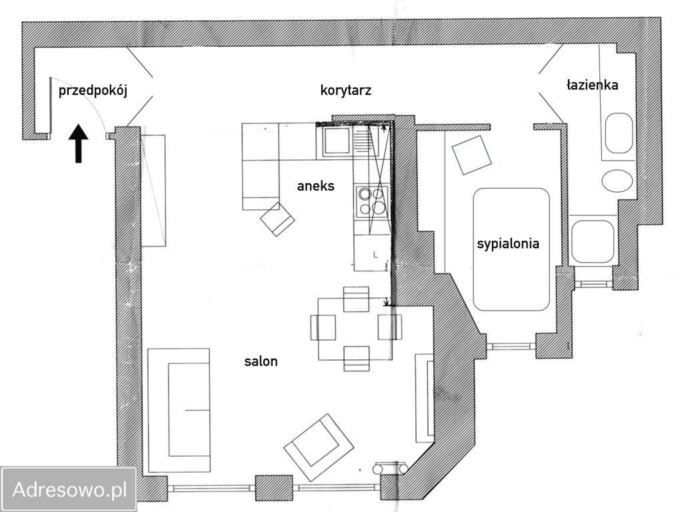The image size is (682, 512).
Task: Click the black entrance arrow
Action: pyautogui.click(x=78, y=143)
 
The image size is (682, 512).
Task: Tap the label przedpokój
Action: pyautogui.click(x=93, y=91)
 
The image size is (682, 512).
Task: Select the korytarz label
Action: pyautogui.click(x=346, y=91)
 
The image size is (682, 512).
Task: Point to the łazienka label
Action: pyautogui.click(x=593, y=85)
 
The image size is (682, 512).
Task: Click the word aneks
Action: pyautogui.click(x=316, y=186)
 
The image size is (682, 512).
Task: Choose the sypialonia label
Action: pyautogui.click(x=508, y=243)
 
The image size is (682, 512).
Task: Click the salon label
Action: pyautogui.click(x=261, y=361)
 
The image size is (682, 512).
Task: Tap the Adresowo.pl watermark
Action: pyautogui.click(x=69, y=489)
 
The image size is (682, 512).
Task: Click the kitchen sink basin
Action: pyautogui.click(x=337, y=141)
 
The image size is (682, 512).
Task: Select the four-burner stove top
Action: pyautogui.click(x=372, y=201)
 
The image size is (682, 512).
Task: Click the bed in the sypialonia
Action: pyautogui.click(x=511, y=249)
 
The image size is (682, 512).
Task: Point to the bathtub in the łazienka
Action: pyautogui.click(x=619, y=133)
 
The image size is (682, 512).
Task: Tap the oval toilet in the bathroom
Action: pyautogui.click(x=617, y=180)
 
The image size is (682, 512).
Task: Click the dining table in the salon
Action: pyautogui.click(x=355, y=329)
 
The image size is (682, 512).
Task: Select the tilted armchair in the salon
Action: pyautogui.click(x=319, y=447)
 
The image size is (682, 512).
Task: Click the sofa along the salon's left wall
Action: pyautogui.click(x=179, y=410)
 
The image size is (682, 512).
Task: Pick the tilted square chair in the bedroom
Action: pyautogui.click(x=471, y=155)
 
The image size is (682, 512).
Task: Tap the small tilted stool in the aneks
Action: pyautogui.click(x=277, y=219)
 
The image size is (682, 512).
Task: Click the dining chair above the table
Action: pyautogui.click(x=356, y=299)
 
